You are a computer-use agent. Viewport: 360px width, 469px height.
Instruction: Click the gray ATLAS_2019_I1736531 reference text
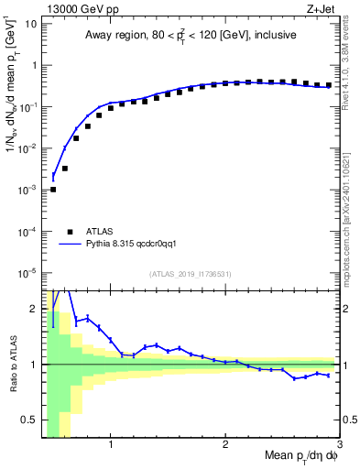pos(190,274)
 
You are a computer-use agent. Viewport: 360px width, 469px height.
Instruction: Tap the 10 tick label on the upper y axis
pos(30,23)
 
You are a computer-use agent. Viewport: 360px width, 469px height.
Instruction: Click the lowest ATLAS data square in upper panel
pos(53,190)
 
